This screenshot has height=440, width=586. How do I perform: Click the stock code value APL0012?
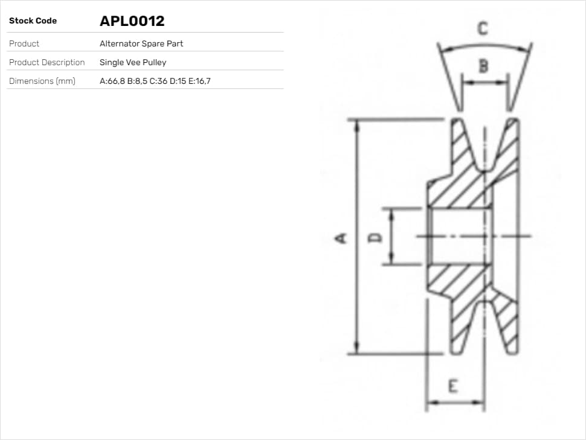pos(132,21)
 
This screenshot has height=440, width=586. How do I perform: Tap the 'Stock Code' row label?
pos(33,21)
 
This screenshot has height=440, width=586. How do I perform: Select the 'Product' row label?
pos(24,43)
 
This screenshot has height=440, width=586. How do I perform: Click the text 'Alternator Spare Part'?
pos(141,43)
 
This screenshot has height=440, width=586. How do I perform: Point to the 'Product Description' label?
pos(47,62)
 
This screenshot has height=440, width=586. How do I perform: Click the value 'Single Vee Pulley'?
pos(133,62)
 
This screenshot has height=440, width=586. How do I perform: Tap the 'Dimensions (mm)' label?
pos(42,81)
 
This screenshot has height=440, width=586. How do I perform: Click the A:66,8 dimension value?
pos(112,81)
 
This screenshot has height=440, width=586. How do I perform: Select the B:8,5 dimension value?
pos(137,81)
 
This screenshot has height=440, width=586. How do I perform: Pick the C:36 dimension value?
pos(158,81)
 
